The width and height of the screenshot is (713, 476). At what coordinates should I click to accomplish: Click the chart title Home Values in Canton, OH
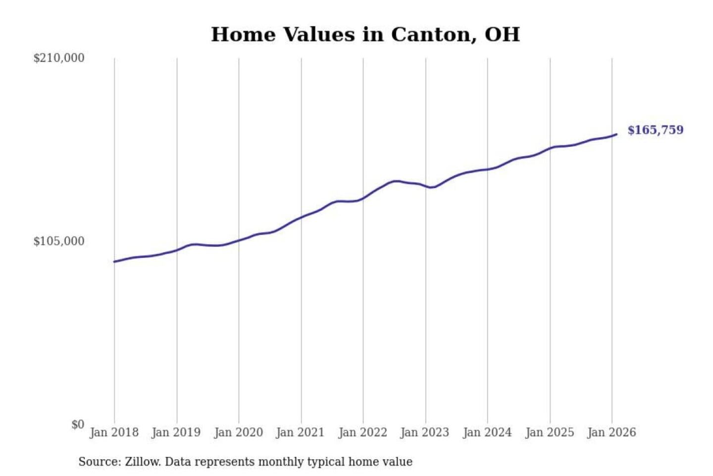coord(365,35)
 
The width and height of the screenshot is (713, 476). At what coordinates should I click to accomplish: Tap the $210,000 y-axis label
coord(59,58)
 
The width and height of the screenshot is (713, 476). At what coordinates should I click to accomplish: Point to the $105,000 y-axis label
coord(59,241)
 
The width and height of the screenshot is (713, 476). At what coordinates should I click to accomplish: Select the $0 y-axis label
coord(78,424)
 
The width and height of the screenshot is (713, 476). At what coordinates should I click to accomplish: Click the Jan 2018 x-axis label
coord(114,432)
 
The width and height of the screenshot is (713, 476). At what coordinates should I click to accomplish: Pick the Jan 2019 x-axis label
coord(176,432)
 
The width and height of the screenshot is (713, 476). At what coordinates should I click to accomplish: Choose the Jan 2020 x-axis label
coord(238,432)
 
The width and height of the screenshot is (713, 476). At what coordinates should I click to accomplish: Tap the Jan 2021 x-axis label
coord(300,432)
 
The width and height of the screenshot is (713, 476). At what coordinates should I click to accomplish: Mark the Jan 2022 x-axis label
coord(362,432)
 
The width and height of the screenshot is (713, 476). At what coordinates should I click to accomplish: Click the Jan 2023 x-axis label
coord(424,432)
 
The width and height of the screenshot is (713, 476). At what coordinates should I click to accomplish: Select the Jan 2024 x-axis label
coord(487,432)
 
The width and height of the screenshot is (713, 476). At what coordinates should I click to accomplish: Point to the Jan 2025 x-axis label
coord(549,432)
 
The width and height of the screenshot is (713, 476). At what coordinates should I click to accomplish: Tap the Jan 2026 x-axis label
coord(611,432)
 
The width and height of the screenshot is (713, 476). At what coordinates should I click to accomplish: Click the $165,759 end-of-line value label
coord(655,130)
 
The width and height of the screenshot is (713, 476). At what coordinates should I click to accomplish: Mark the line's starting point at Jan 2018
coord(115,261)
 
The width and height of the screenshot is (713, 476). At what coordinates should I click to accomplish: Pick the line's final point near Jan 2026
coord(616,134)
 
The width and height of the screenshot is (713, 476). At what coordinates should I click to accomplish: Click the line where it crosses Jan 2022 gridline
coord(363,198)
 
